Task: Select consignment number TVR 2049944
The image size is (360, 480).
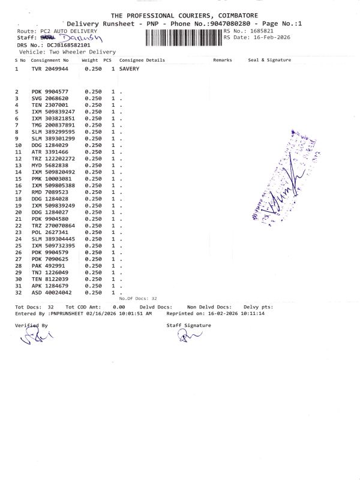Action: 50,69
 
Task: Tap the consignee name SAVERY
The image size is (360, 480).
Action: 130,69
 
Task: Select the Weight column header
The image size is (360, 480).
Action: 89,60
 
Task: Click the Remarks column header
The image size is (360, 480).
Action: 222,60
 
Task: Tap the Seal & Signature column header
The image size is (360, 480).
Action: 269,60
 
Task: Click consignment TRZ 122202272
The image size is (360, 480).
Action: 53,158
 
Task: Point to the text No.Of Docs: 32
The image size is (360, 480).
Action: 138,298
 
